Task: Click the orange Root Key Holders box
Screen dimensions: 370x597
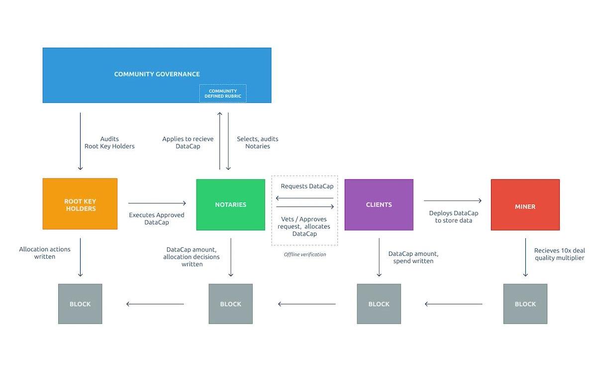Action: [x=80, y=204]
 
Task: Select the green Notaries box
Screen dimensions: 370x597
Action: [x=230, y=205]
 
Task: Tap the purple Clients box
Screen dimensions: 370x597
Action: [x=379, y=205]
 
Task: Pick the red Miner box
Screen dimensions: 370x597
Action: [x=525, y=205]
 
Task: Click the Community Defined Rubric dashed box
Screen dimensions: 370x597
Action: [x=223, y=93]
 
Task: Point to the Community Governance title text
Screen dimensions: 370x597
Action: [x=157, y=74]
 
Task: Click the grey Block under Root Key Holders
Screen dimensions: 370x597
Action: [x=80, y=304]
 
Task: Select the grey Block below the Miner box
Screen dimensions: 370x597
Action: [x=525, y=304]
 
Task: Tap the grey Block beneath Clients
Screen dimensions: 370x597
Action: [x=379, y=304]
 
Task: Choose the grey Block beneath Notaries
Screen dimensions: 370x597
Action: [x=230, y=304]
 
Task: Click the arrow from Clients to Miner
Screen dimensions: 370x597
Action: [x=452, y=201]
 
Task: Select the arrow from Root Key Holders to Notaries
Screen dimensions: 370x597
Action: [x=157, y=203]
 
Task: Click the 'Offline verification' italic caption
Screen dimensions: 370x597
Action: [x=305, y=255]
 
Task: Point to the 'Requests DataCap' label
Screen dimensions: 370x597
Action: [x=307, y=186]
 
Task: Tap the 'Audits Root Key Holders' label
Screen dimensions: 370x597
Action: [x=109, y=143]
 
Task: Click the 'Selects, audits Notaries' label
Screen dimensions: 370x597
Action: [x=258, y=143]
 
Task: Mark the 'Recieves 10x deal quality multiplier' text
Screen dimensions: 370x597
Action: [x=560, y=254]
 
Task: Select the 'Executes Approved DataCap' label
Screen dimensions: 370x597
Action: [x=157, y=219]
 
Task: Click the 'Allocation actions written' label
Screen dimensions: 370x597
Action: [x=45, y=253]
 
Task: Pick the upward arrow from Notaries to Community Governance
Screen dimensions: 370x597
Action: [x=220, y=142]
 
